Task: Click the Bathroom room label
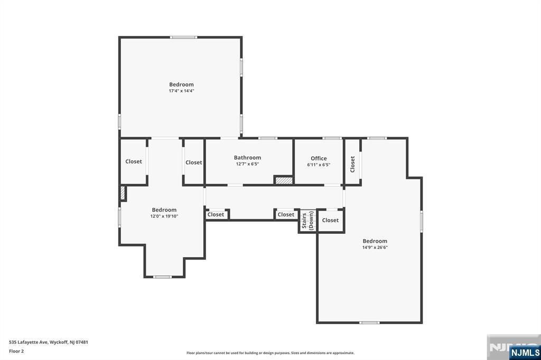coord(247,157)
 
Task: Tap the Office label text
coord(319,158)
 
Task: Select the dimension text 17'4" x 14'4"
coord(181,91)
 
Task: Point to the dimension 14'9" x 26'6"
coord(375,247)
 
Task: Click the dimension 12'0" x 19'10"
coord(164,216)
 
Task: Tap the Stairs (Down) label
coord(307,221)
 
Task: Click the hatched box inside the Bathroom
coord(284,180)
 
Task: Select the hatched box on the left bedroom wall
coord(123,193)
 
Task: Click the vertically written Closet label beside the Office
coord(352,164)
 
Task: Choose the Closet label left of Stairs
coord(286,214)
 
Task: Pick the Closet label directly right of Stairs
coord(330,220)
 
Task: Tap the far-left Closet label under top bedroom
coord(134,162)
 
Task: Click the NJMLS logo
coord(525,352)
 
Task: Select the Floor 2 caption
coord(16,351)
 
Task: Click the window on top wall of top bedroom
coord(183,37)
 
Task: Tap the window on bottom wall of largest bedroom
coord(369,322)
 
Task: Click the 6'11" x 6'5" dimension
coord(319,165)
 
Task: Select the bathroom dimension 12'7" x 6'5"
coord(247,164)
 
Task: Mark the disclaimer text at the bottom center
coord(270,353)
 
